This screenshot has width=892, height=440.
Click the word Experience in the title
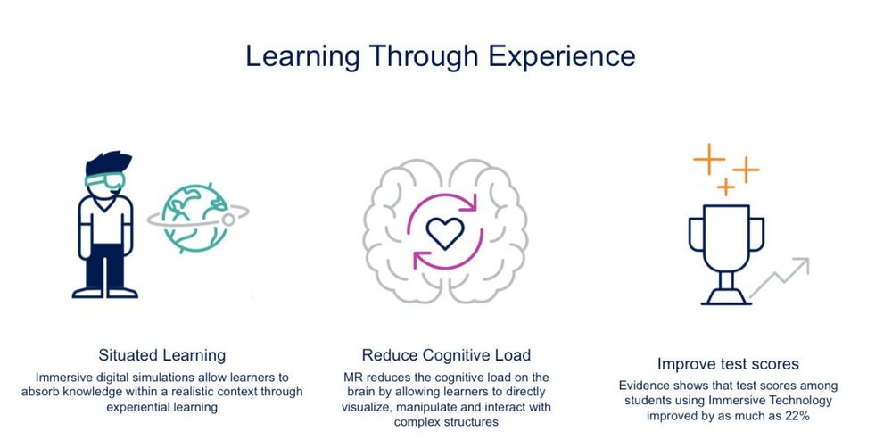pyautogui.click(x=559, y=56)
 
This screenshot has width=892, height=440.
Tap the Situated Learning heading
pyautogui.click(x=162, y=354)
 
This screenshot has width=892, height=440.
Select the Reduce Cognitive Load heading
pyautogui.click(x=445, y=354)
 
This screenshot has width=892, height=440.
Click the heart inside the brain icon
pyautogui.click(x=445, y=235)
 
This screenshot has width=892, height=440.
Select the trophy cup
pyautogui.click(x=726, y=236)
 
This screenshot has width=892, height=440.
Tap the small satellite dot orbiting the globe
pyautogui.click(x=228, y=217)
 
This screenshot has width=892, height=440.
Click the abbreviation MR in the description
pyautogui.click(x=354, y=378)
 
